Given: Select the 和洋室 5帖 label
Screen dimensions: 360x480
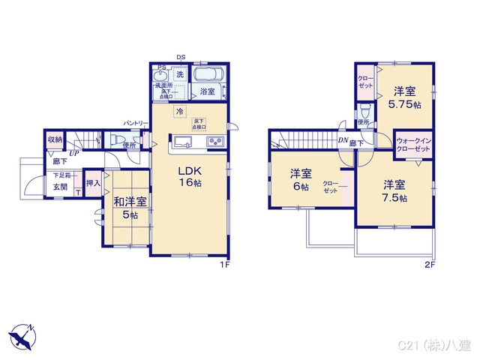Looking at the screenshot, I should click(x=130, y=208).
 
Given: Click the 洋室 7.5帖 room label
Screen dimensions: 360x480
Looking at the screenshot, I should click(x=394, y=191).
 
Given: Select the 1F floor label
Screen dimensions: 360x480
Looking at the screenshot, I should click(x=223, y=265).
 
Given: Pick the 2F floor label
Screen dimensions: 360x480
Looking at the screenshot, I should click(x=430, y=265).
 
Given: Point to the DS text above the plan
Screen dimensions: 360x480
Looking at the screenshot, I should click(x=181, y=57).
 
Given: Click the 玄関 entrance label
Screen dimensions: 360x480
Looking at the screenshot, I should click(x=60, y=187).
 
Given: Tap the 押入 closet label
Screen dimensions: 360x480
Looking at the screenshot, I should click(x=93, y=182).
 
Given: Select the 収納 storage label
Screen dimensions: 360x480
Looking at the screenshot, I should click(x=55, y=140).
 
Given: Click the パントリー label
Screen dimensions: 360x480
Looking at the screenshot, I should click(x=135, y=123).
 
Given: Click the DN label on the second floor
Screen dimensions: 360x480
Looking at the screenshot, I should click(x=342, y=142).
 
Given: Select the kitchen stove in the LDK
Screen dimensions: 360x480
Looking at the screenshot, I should click(x=212, y=142).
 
